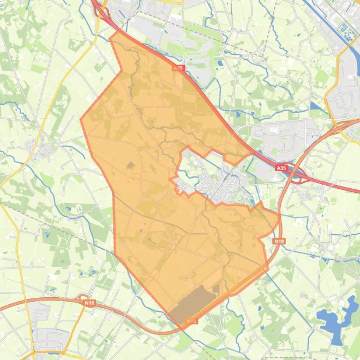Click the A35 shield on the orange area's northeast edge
click(178, 68)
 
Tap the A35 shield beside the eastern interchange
click(281, 167)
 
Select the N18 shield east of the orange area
click(279, 241)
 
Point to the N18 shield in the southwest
click(89, 303)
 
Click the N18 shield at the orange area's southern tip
click(191, 321)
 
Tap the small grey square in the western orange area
click(130, 165)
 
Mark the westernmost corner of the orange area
click(81, 119)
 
